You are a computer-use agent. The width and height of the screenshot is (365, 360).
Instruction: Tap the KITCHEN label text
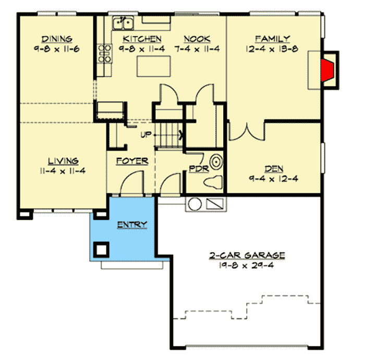click(x=142, y=39)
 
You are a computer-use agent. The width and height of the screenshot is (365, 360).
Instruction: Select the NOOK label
click(x=197, y=39)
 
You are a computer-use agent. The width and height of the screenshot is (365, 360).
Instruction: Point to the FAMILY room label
click(x=272, y=39)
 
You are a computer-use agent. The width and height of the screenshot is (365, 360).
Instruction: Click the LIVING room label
click(x=64, y=161)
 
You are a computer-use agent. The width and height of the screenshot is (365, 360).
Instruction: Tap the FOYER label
click(x=132, y=161)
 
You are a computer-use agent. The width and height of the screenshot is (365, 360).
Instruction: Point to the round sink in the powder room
click(x=216, y=160)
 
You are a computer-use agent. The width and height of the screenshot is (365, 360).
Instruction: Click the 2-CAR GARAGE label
click(x=247, y=255)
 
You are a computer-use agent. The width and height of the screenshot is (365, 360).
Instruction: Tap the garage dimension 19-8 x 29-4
click(x=247, y=265)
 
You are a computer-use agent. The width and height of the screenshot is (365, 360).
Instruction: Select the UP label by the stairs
click(x=146, y=135)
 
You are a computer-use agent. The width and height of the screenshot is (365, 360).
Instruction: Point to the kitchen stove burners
click(x=105, y=53)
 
